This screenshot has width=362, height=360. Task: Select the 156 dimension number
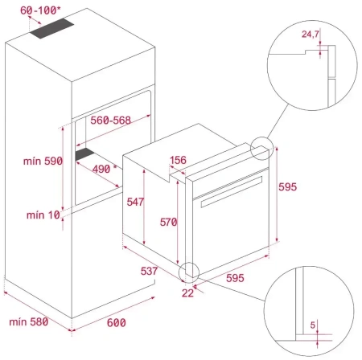(178, 161)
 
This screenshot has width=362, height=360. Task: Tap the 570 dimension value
(167, 223)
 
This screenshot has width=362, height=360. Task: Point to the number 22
(187, 292)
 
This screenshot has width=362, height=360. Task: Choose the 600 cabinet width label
(117, 322)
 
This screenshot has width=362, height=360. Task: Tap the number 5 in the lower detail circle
(313, 325)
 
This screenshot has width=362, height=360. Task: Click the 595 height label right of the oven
(288, 186)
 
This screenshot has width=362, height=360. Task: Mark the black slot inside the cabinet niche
(84, 153)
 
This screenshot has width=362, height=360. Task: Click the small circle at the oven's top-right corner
(261, 149)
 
